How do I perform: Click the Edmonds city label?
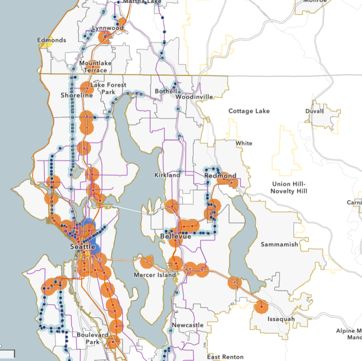pos(52,40)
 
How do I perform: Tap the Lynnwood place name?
pos(107,28)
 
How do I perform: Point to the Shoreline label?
pos(77,96)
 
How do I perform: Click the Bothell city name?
pos(165,91)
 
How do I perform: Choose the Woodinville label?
pos(194,97)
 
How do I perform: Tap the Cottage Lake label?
pos(249,111)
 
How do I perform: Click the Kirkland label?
pos(167,175)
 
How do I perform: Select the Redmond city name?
pos(220,176)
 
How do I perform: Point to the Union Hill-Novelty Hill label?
pos(289,187)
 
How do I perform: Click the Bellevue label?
pos(175,236)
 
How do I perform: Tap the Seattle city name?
pos(82,247)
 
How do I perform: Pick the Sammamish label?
pos(280,245)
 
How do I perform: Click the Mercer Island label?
pos(155,275)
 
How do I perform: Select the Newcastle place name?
pos(188,325)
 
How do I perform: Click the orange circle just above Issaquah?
pos(261,307)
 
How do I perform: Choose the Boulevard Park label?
pos(93,338)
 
